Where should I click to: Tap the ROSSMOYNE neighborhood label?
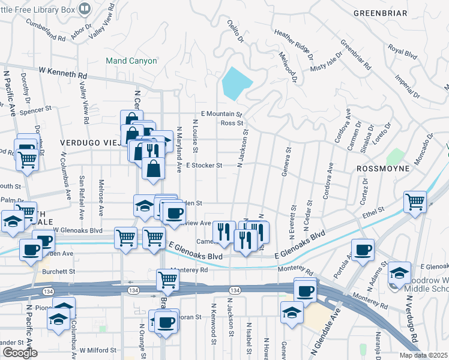(382, 169)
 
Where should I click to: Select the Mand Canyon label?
(131, 61)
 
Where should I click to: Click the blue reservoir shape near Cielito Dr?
(236, 83)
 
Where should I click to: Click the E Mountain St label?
(221, 113)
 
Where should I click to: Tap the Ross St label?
(231, 123)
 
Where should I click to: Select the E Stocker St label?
(204, 165)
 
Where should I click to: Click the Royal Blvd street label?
(402, 53)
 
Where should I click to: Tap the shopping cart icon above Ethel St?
(415, 201)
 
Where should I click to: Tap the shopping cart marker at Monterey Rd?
(167, 279)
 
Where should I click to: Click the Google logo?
(20, 353)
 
